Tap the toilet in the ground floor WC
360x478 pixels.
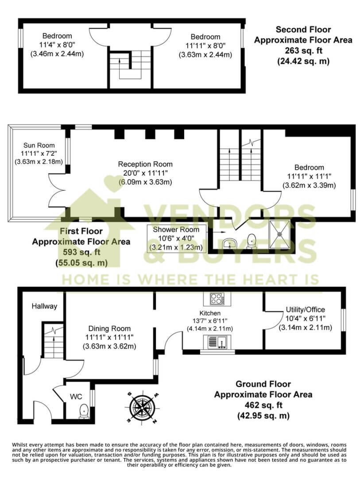pos(83,411)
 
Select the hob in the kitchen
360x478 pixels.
pos(217,299)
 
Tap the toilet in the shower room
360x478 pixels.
pos(251,241)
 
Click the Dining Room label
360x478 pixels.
pos(109,328)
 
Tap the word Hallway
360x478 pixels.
pos(44,306)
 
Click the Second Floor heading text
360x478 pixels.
pos(303,30)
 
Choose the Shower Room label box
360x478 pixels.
pos(176,238)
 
